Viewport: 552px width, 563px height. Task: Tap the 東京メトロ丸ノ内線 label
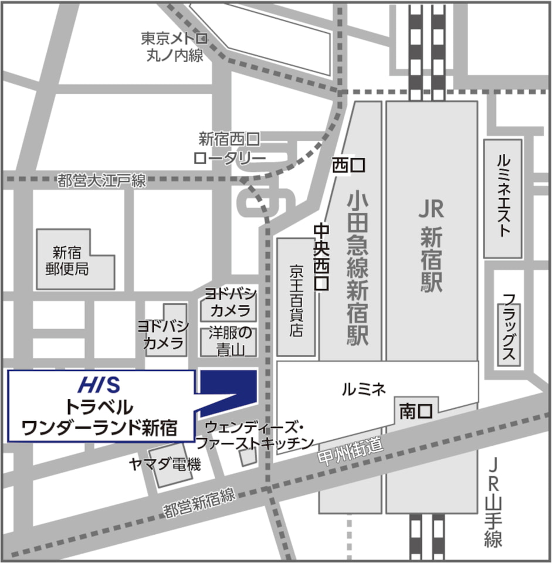pos(174,47)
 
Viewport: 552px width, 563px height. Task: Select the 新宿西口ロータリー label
pos(229,149)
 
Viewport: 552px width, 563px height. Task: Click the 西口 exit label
pos(348,166)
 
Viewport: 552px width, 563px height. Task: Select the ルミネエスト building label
pos(503,196)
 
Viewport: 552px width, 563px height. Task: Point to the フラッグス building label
pos(508,329)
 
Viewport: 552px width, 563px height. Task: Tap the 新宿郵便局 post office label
pos(70,261)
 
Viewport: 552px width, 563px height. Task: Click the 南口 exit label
pos(416,411)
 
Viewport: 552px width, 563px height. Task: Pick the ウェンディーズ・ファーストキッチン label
pos(254,434)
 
